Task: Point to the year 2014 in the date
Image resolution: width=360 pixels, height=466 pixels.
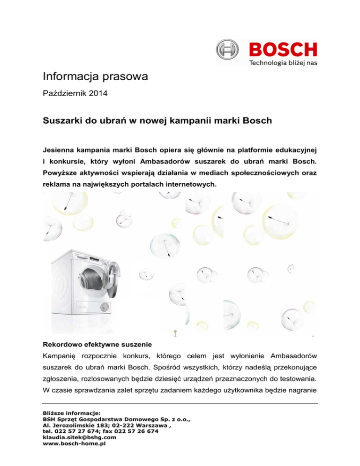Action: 97,94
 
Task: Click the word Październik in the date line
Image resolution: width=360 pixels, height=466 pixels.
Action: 64,94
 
